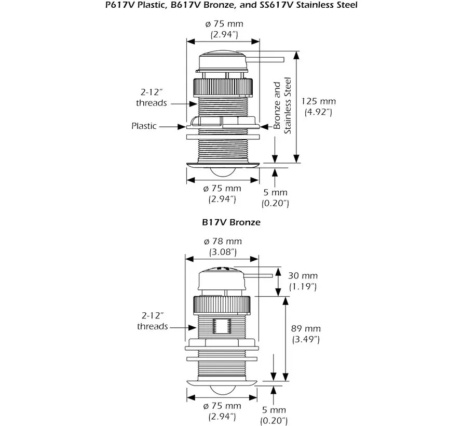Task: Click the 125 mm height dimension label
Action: click(318, 106)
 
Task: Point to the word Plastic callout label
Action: click(143, 126)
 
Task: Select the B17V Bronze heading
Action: click(231, 222)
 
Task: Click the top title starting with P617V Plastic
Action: click(231, 6)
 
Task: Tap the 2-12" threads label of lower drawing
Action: click(153, 321)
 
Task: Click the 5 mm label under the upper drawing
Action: click(275, 197)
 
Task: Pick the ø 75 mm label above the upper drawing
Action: click(223, 30)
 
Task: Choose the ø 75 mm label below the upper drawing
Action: click(223, 193)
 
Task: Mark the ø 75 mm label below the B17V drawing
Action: click(223, 410)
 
